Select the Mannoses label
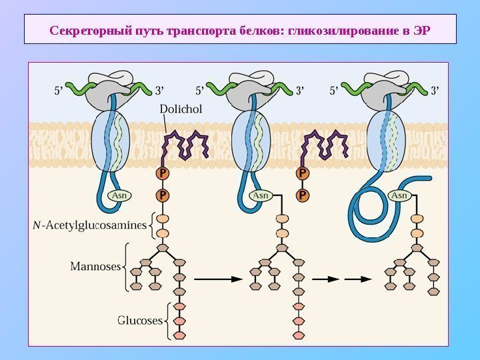point(95,267)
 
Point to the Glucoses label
point(140,320)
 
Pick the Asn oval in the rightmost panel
point(399,195)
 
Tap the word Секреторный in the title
point(78,30)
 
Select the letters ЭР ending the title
point(422,30)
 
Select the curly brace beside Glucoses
point(167,320)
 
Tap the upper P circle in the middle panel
point(303,173)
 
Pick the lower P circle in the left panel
point(162,195)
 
